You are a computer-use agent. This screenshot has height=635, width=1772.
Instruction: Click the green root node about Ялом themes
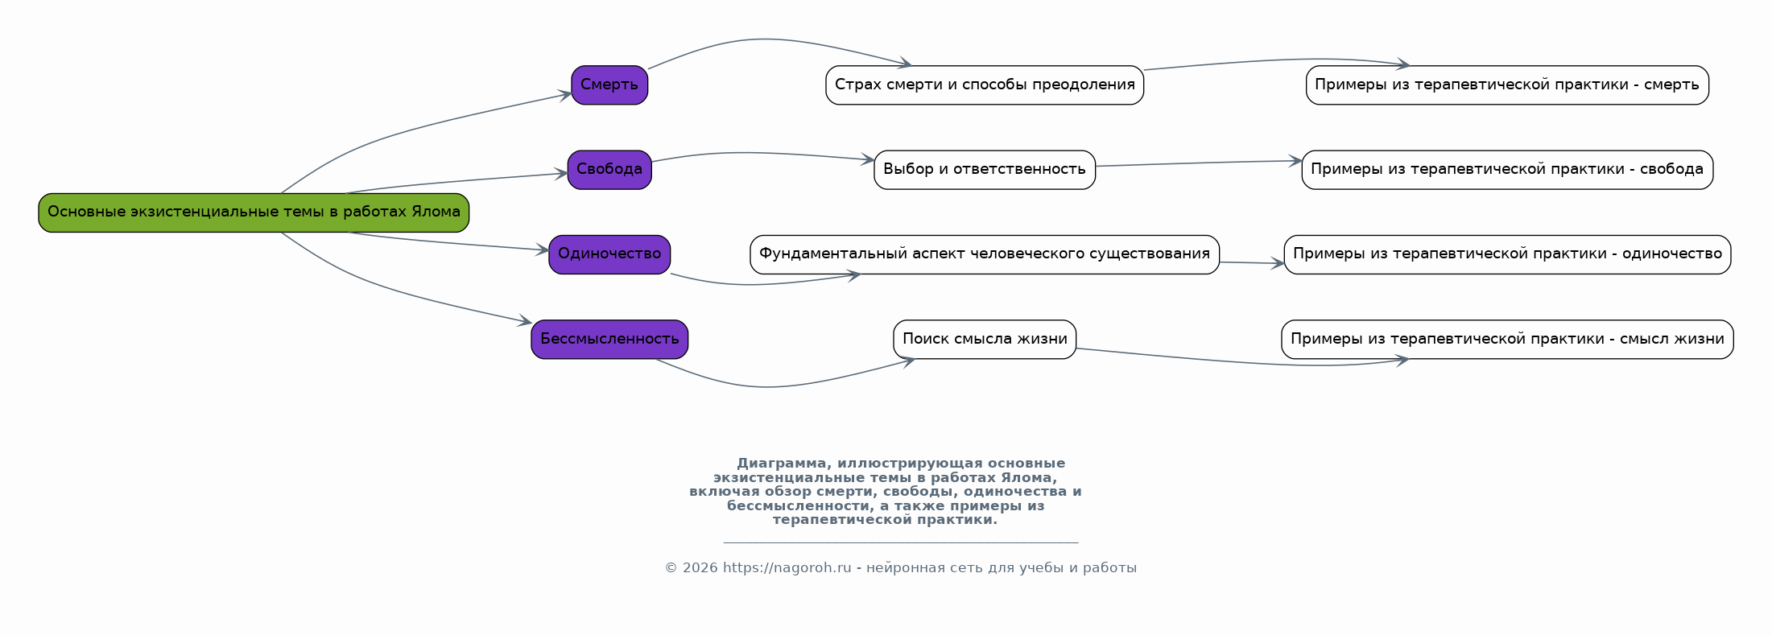click(x=254, y=212)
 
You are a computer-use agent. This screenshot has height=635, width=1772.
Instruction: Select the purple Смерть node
click(x=609, y=85)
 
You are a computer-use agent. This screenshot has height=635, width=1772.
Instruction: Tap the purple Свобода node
click(x=609, y=170)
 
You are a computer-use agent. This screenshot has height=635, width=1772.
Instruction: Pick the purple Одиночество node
click(x=609, y=254)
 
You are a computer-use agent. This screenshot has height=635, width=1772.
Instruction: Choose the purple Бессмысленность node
click(x=609, y=340)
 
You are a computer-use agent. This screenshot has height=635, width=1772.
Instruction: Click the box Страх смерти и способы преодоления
click(x=984, y=85)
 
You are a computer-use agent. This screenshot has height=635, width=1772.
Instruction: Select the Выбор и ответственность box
click(x=984, y=170)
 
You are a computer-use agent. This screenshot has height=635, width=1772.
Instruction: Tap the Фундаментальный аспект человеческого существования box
click(x=984, y=254)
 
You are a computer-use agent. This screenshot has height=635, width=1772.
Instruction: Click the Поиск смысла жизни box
click(x=984, y=340)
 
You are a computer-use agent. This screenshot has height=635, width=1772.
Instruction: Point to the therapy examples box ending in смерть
click(x=1506, y=85)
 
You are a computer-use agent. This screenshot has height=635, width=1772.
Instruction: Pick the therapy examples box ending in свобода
click(x=1506, y=170)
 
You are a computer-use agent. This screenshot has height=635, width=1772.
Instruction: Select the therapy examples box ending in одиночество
click(x=1506, y=254)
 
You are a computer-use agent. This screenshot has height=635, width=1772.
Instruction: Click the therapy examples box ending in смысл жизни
click(x=1506, y=340)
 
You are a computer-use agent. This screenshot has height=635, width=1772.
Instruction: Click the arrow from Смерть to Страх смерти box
click(x=765, y=39)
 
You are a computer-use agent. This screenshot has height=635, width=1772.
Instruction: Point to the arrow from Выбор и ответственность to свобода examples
click(x=1200, y=163)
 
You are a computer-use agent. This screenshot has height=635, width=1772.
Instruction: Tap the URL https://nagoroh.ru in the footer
click(x=787, y=568)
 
